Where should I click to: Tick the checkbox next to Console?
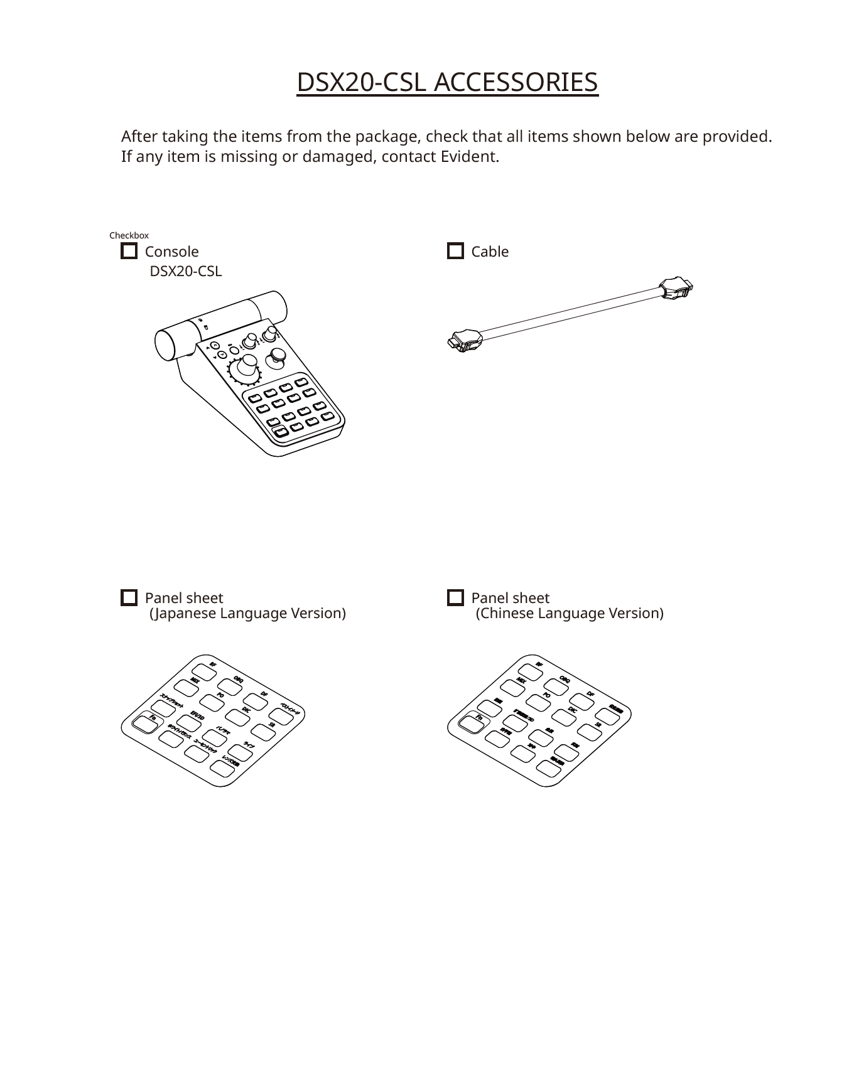tap(129, 252)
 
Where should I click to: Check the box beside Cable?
tap(455, 252)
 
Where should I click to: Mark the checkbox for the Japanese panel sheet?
tap(129, 598)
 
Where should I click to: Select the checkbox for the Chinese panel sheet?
tap(455, 598)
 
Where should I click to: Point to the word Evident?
tap(470, 157)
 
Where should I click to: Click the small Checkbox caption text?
tap(129, 236)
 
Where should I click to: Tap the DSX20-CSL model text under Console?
tap(185, 272)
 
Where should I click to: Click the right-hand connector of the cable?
tap(676, 289)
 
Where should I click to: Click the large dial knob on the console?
tap(246, 367)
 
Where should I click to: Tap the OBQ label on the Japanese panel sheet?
tap(239, 679)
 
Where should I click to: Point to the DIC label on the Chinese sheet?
tap(572, 709)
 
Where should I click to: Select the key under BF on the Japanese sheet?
tap(205, 671)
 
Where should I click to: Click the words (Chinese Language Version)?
tap(569, 614)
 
